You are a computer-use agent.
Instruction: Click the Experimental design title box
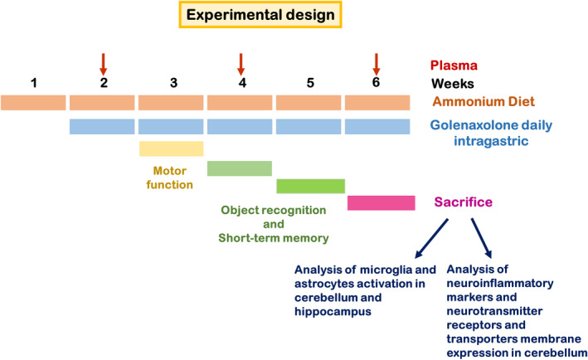pos(260,15)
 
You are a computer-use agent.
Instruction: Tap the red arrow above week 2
pos(104,64)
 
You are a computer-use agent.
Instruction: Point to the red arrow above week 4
pos(241,64)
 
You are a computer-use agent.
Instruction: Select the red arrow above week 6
pos(377,64)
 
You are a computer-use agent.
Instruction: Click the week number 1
pos(34,83)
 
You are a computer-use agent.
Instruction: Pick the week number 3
pos(173,83)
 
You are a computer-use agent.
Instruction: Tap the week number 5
pos(310,83)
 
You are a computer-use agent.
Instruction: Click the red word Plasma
pos(454,66)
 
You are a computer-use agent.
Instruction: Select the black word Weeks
pos(453,84)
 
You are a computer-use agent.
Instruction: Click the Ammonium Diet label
pos(484,102)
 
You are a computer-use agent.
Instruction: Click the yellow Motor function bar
pos(172,148)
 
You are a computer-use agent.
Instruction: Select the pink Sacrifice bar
pos(381,203)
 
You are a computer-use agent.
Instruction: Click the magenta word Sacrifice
pos(464,202)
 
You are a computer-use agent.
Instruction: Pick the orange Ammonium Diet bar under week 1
pos(33,103)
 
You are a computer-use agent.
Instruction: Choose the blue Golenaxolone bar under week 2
pos(102,127)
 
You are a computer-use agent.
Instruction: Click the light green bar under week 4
pos(240,168)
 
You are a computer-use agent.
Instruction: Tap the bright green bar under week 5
pos(310,186)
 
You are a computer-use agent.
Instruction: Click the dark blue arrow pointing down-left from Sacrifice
pos(431,239)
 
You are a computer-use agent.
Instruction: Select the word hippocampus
pos(333,312)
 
